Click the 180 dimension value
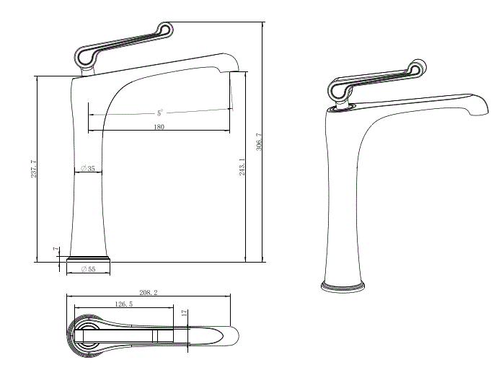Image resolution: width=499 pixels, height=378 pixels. tap(159, 127)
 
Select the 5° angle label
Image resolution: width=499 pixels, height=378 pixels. tap(159, 113)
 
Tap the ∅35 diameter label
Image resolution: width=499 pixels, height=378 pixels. tap(88, 168)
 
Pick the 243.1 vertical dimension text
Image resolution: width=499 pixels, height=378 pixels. tap(242, 167)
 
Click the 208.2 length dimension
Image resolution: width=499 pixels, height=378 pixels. tap(147, 293)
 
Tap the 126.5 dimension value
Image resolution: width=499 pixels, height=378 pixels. tap(123, 304)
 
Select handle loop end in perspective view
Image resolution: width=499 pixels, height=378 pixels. tap(418, 68)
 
